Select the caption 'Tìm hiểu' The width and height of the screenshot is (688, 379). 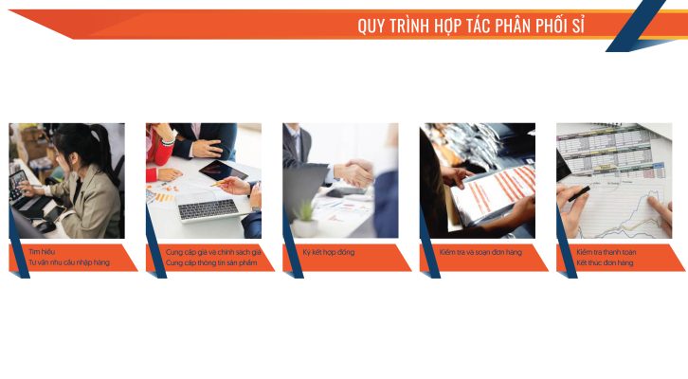click(42, 252)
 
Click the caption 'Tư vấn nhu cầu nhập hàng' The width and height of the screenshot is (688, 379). click(69, 262)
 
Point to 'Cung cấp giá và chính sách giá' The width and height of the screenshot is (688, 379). click(213, 252)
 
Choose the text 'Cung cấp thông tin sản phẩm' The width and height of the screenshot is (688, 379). click(211, 262)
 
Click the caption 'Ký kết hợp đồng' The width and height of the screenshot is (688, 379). click(329, 252)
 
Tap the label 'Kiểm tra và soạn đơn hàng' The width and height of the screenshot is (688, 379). click(480, 252)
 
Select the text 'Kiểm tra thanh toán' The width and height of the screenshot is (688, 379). click(606, 252)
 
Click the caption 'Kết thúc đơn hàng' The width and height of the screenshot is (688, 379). click(605, 262)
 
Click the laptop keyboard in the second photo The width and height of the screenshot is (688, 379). click(208, 208)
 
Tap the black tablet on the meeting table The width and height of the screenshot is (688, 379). click(223, 171)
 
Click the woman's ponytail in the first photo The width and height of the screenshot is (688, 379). click(100, 145)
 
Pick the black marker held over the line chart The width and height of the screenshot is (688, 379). click(579, 193)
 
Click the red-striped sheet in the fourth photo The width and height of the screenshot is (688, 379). click(494, 191)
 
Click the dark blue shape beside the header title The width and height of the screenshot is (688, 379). click(635, 27)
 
